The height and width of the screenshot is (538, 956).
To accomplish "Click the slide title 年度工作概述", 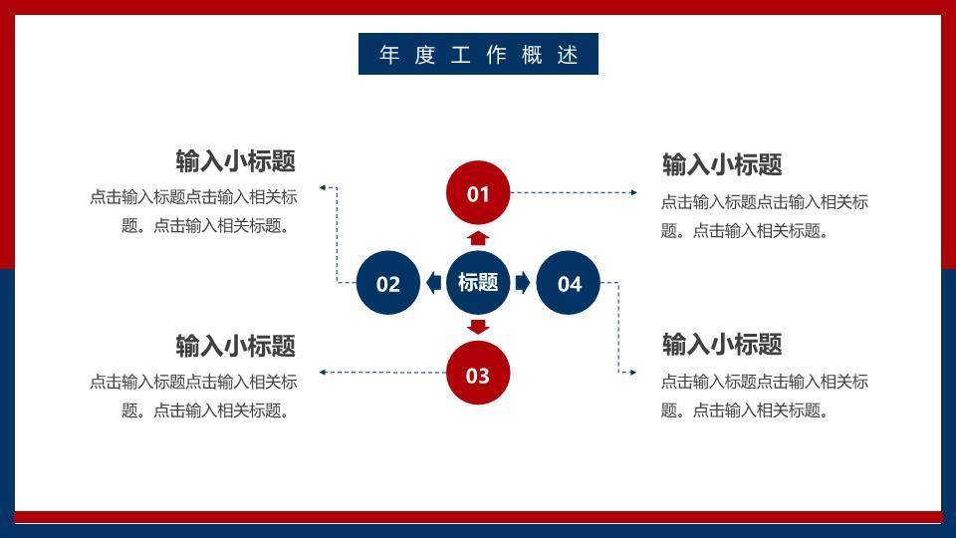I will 478,54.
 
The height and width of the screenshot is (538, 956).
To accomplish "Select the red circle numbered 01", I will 478,193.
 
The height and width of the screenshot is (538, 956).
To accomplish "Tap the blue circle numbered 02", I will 388,283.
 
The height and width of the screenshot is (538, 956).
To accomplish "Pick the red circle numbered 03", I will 478,375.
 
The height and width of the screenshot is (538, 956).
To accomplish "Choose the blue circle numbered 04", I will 569,283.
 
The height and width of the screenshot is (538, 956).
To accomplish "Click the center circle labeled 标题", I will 478,282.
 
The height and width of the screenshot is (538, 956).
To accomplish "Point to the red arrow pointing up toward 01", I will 478,238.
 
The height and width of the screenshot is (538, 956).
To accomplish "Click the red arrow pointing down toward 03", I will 478,327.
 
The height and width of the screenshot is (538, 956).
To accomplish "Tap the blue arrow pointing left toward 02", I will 433,283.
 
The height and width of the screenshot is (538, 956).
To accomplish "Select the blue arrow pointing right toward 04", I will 522,283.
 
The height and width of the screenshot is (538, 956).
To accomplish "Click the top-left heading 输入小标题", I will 236,161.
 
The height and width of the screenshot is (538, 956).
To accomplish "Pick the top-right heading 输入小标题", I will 722,164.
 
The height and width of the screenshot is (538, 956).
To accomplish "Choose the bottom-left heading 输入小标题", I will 236,346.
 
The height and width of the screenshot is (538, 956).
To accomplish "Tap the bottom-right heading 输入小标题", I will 722,345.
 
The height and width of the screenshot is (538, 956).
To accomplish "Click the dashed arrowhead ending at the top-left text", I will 322,186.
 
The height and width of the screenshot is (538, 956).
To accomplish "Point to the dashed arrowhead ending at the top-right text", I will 633,192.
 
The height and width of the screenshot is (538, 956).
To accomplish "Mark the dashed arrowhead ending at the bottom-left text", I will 323,373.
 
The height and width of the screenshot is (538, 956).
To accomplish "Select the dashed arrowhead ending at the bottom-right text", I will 632,373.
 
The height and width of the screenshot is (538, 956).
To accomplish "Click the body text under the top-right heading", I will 764,216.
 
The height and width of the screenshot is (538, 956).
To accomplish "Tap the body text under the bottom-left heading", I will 193,396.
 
